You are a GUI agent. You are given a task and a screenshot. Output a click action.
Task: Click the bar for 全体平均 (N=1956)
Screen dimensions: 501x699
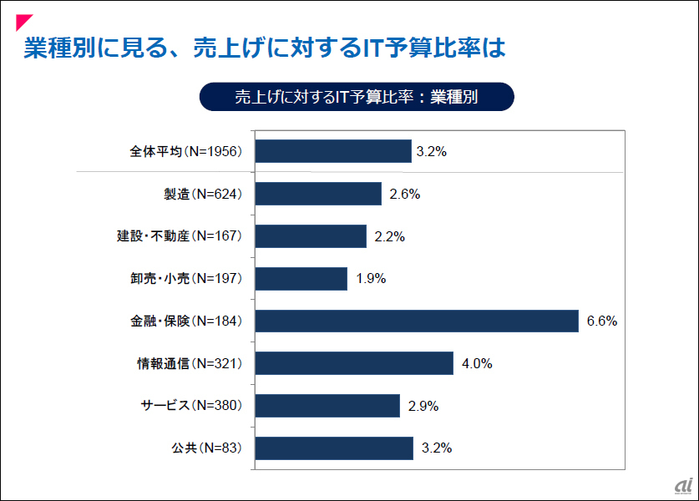tap(332, 151)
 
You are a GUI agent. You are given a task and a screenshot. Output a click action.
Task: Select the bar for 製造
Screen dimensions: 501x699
tap(318, 194)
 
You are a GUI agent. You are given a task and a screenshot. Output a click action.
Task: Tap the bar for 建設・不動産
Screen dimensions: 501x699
tap(311, 236)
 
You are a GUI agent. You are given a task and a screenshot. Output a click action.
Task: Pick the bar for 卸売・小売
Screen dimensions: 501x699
tap(301, 279)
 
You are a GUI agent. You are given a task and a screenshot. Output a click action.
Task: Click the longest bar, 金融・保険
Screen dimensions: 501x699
tap(417, 321)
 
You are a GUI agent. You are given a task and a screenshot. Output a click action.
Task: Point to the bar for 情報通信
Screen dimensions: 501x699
tap(354, 363)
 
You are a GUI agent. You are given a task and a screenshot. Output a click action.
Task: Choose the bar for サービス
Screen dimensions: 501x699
tap(327, 406)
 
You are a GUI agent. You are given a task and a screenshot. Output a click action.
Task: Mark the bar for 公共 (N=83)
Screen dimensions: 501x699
tap(334, 448)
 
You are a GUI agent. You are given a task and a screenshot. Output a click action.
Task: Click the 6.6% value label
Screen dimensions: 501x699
tap(601, 321)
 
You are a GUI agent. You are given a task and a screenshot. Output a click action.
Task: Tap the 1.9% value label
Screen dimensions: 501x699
tap(371, 279)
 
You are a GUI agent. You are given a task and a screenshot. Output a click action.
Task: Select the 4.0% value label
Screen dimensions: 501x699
tap(478, 363)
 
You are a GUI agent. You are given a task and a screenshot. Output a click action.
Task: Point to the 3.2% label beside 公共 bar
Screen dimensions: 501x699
tap(437, 448)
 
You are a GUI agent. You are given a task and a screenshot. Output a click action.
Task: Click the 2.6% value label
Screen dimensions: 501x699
tap(404, 194)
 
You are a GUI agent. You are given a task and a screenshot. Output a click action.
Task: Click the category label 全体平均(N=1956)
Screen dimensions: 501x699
tap(185, 151)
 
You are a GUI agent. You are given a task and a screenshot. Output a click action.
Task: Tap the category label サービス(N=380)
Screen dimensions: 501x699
tap(190, 406)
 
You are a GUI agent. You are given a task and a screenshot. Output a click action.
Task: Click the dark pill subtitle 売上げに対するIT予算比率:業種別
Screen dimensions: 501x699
tap(356, 96)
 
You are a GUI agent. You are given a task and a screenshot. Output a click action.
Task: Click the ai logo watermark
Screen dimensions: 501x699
tap(684, 486)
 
